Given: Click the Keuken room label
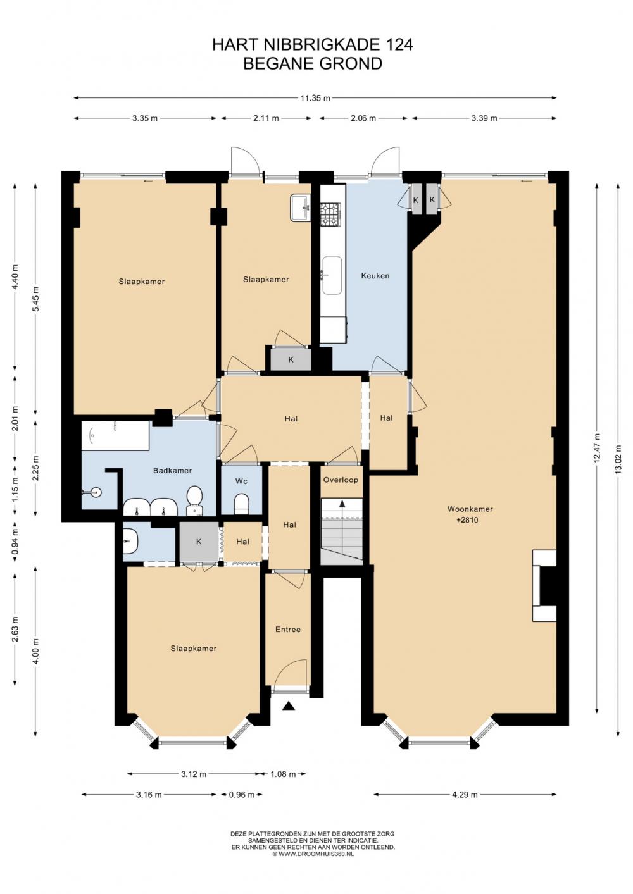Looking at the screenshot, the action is pos(375,276).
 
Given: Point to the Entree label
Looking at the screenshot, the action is pos(288,630).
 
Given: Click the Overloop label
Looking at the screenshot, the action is pos(341,480).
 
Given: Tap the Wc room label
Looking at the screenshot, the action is pos(241,481).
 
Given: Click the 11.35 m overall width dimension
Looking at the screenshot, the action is pos(315,98).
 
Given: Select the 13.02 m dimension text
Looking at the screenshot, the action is pos(619,459).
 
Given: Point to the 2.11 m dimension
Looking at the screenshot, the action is pos(266,118).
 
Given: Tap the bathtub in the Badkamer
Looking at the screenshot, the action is pos(115,436).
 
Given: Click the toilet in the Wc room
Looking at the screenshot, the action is pos(241,504).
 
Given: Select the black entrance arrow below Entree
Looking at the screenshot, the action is pos(289,707).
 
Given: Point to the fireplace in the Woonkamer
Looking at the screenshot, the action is pos(544,585).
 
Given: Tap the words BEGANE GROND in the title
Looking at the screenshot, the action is pos(313,64).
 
